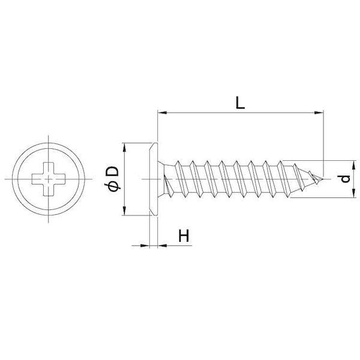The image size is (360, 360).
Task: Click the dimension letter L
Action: click(240, 103)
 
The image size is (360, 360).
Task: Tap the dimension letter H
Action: click(184, 236)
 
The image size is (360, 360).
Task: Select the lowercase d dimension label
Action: click(346, 179)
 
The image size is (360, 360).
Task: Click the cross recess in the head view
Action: click(49, 179)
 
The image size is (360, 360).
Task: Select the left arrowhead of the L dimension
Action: click(163, 113)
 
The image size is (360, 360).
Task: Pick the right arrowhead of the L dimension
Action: click(319, 113)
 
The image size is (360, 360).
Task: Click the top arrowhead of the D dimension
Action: click(124, 148)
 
